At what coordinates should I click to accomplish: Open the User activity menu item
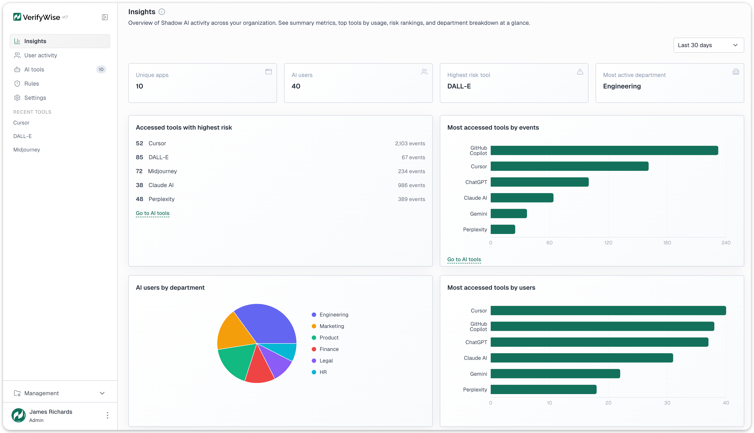(40, 55)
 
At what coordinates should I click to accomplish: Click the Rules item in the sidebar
(32, 84)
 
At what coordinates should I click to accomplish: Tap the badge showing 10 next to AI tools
(101, 70)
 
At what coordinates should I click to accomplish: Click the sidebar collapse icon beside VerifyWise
(105, 17)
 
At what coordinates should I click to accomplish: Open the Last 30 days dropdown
(708, 45)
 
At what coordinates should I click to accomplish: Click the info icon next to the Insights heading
(162, 12)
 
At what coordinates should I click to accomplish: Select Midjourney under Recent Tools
(27, 149)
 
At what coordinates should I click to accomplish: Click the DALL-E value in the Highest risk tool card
(459, 86)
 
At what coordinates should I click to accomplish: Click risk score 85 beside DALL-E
(139, 157)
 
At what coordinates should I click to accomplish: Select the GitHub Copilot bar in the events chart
(604, 150)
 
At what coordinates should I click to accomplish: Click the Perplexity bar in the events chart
(503, 229)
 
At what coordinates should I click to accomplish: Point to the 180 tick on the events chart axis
(667, 243)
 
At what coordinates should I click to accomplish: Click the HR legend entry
(323, 372)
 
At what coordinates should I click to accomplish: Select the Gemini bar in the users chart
(555, 374)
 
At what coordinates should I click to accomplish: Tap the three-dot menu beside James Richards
(107, 415)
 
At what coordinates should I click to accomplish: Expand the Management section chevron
(102, 393)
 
